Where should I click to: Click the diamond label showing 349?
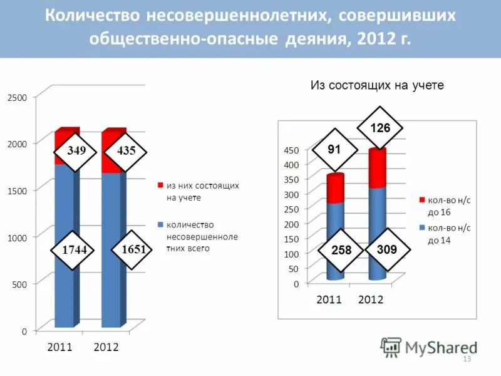tap(76, 151)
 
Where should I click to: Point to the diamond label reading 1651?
tap(133, 249)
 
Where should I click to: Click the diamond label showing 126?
tap(380, 128)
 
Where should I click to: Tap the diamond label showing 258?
tap(341, 250)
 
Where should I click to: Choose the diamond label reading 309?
tap(388, 249)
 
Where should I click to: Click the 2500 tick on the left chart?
tap(17, 97)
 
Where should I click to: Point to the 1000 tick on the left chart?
tap(17, 238)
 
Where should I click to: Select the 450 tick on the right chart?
tap(292, 150)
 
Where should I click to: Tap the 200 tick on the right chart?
tap(292, 224)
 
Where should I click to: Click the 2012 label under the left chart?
tap(106, 347)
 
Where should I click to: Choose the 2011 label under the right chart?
tap(329, 300)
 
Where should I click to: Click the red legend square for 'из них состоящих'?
tap(160, 186)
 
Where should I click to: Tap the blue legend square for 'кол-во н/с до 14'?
tap(422, 228)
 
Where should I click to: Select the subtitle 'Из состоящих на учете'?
tap(377, 86)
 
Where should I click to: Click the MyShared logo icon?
tap(391, 347)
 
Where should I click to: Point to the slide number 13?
tap(466, 359)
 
